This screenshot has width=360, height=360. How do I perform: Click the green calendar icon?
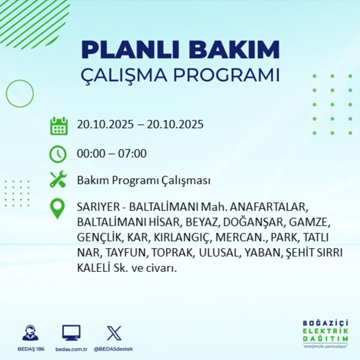(58, 126)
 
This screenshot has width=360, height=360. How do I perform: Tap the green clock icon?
(58, 154)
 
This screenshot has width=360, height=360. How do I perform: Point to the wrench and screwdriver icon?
(58, 180)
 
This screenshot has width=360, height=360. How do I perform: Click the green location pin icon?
(58, 209)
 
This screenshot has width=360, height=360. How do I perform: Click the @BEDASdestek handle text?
(113, 349)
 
